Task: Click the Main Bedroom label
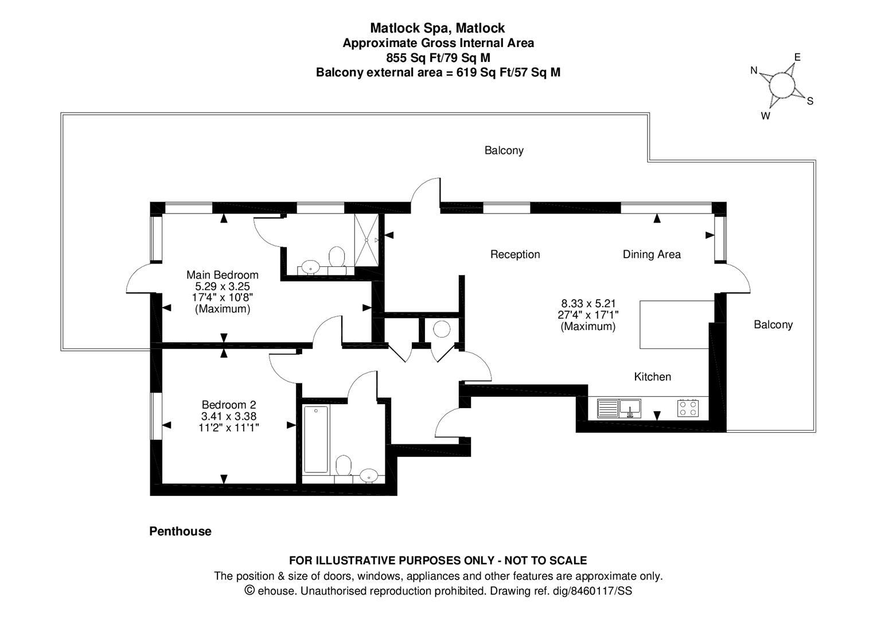coord(223,275)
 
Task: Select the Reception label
coord(515,254)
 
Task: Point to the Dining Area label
coord(652,254)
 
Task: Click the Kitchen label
coord(652,377)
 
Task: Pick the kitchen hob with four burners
coord(688,408)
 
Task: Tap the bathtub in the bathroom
coord(316,439)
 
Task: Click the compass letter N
coord(754,71)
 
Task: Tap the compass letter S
coord(810,102)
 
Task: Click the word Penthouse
coord(180,532)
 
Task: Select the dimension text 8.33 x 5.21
coord(588,303)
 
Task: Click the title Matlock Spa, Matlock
coord(438,28)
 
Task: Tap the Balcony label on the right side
coord(773,325)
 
